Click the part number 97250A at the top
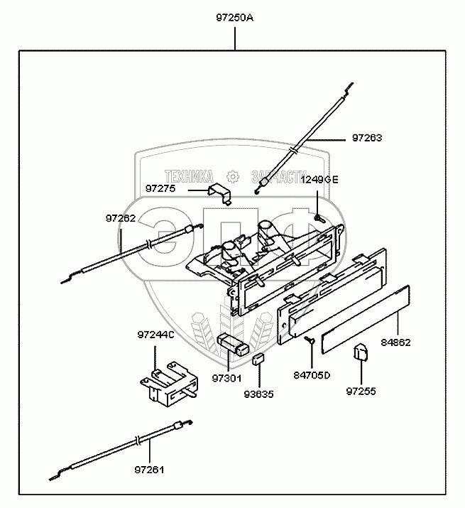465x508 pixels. (x=235, y=18)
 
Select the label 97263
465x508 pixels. (x=367, y=138)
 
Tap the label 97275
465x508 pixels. (x=160, y=188)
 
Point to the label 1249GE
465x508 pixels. (x=319, y=179)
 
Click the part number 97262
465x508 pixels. (x=121, y=218)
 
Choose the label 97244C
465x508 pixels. (x=155, y=335)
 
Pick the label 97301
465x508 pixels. (x=227, y=378)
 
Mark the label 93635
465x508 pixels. (x=258, y=394)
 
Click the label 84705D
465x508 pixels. (x=312, y=375)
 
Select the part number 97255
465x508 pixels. (x=361, y=391)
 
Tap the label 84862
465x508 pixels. (x=395, y=342)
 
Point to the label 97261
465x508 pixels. (x=149, y=470)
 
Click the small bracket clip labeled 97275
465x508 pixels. (x=220, y=193)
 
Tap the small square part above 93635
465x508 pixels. (x=258, y=360)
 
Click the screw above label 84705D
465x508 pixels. (x=310, y=339)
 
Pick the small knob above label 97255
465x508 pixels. (x=361, y=352)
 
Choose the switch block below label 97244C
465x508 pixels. (x=169, y=383)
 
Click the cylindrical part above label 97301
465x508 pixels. (x=234, y=345)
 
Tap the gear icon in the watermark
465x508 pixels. (x=233, y=177)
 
